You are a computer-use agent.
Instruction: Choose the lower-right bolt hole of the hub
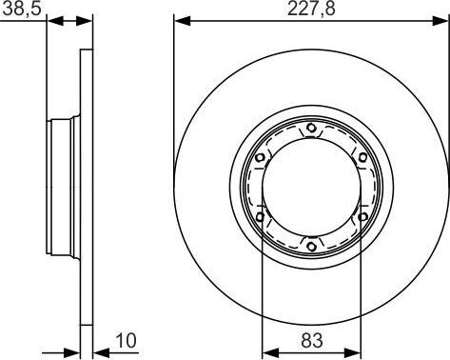pyautogui.click(x=362, y=218)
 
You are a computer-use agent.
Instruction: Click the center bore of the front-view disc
pyautogui.click(x=312, y=189)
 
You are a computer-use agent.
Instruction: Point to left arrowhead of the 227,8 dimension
pyautogui.click(x=180, y=20)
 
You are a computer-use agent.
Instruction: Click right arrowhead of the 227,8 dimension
pyautogui.click(x=443, y=20)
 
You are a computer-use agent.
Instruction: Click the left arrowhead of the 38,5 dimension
pyautogui.click(x=53, y=20)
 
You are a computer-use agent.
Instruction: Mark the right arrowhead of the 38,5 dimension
pyautogui.click(x=88, y=20)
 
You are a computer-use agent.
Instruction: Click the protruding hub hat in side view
pyautogui.click(x=65, y=189)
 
